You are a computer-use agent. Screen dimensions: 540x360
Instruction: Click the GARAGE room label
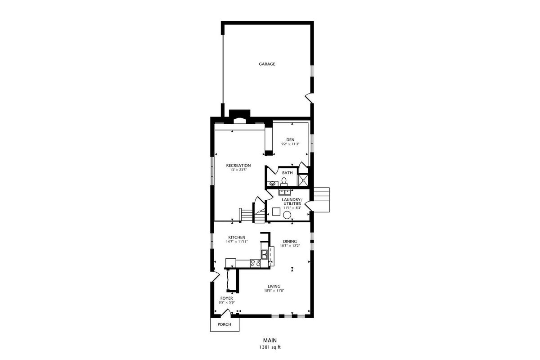(267, 64)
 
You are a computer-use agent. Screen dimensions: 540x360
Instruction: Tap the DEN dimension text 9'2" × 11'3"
(290, 144)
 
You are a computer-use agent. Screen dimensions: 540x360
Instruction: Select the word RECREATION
(238, 166)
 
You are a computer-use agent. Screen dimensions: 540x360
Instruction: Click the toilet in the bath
(284, 182)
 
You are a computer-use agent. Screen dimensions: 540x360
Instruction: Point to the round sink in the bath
(272, 184)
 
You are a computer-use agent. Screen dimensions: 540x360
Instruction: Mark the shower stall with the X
(303, 180)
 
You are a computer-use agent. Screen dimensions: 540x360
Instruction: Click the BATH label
(288, 173)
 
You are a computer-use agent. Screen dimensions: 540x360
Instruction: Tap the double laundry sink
(285, 192)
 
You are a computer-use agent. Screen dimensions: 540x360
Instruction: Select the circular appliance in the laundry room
(287, 215)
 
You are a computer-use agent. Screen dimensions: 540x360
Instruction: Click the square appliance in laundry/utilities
(276, 211)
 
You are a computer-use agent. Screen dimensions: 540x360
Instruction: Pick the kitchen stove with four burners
(256, 263)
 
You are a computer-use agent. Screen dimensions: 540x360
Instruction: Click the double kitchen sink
(265, 254)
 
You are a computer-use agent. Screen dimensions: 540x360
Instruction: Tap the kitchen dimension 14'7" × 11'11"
(237, 242)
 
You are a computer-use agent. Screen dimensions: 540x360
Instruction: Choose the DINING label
(290, 241)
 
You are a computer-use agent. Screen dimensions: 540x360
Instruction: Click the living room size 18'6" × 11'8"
(274, 291)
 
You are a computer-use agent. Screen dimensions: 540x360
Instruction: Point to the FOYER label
(227, 298)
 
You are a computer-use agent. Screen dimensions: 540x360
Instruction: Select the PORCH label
(224, 324)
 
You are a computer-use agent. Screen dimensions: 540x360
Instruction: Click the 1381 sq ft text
(270, 347)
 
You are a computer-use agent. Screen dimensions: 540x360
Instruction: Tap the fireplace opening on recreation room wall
(239, 121)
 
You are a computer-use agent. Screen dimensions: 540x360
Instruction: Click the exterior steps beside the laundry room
(321, 200)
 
